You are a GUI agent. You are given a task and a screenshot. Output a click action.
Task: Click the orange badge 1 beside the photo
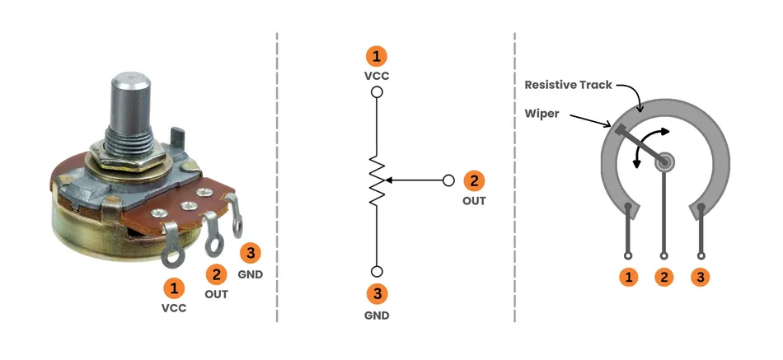(x=174, y=288)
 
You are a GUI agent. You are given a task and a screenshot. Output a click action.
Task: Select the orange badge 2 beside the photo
(x=217, y=274)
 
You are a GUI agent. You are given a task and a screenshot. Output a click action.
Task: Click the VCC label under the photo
(x=174, y=309)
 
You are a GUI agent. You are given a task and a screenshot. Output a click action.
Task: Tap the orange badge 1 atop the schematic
(x=377, y=56)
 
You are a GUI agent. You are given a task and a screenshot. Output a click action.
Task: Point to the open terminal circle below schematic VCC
(x=377, y=92)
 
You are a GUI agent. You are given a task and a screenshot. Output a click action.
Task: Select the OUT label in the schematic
(x=474, y=200)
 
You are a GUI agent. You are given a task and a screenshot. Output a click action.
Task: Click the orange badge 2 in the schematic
(x=474, y=180)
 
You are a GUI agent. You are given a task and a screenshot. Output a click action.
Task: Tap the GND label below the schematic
(x=377, y=315)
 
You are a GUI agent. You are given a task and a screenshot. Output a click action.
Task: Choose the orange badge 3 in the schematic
(x=377, y=294)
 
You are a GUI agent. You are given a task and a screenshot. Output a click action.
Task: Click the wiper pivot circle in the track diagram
(x=664, y=162)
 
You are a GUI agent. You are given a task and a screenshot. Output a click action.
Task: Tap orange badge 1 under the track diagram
(x=629, y=278)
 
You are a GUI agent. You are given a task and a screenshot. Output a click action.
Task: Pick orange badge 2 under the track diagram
(x=664, y=278)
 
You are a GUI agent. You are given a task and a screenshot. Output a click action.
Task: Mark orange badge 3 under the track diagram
(x=701, y=278)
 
